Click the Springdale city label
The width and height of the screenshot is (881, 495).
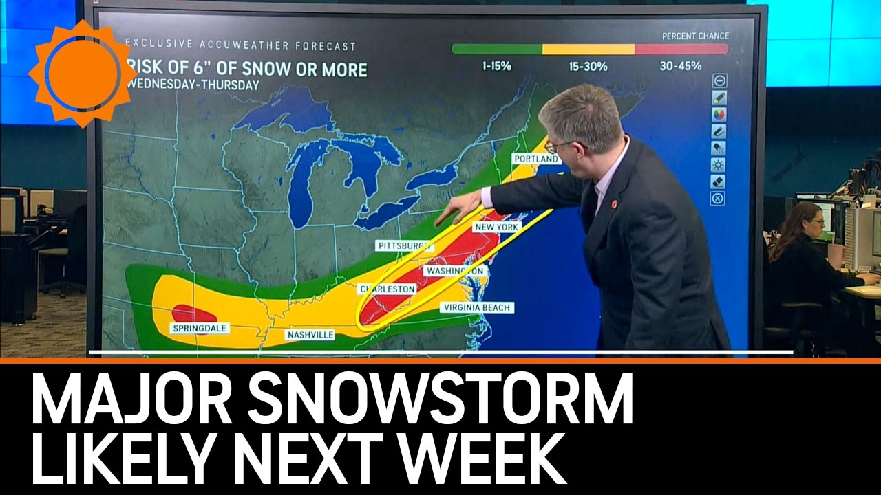pyautogui.click(x=199, y=329)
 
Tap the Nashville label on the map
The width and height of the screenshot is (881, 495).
pyautogui.click(x=310, y=335)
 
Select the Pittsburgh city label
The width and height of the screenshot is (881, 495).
pyautogui.click(x=404, y=245)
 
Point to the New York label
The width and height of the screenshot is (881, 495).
pyautogui.click(x=497, y=226)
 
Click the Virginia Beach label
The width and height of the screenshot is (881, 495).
pyautogui.click(x=477, y=307)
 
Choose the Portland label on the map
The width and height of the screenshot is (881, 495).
pyautogui.click(x=535, y=159)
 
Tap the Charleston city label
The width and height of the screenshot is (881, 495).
pyautogui.click(x=388, y=289)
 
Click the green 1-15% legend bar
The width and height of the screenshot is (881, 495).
pyautogui.click(x=496, y=49)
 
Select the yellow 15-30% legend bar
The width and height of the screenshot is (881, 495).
pyautogui.click(x=588, y=49)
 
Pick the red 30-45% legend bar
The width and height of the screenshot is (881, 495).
pyautogui.click(x=681, y=49)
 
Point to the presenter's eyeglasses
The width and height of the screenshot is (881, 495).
pyautogui.click(x=558, y=145)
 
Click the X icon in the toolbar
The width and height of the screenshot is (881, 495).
pyautogui.click(x=718, y=199)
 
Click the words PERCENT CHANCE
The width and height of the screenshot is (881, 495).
pyautogui.click(x=695, y=36)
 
